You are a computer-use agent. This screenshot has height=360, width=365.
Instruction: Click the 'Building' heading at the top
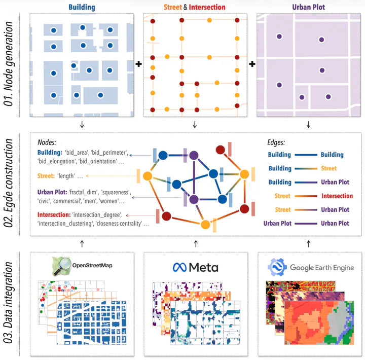[82, 7]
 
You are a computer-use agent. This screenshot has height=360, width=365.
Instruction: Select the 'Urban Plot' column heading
[309, 7]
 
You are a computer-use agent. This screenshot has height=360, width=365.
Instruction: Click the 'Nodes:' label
[47, 143]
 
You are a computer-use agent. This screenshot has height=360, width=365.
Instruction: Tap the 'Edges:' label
[277, 143]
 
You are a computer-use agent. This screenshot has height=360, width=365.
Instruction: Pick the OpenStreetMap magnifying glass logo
[63, 265]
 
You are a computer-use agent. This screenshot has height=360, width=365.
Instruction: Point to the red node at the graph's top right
[221, 150]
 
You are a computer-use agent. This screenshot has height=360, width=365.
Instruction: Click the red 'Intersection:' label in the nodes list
[54, 214]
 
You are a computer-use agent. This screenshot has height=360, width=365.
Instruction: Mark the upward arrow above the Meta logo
[195, 244]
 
